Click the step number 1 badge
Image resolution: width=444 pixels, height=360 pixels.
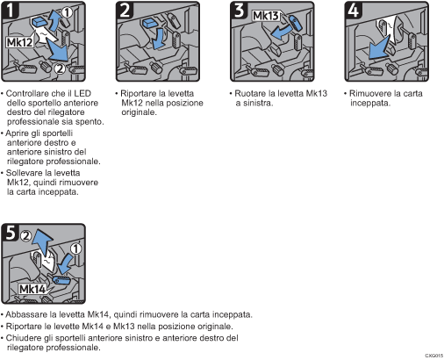point(11,10)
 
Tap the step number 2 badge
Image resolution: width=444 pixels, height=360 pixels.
point(125,10)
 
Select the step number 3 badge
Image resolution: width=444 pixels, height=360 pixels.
point(240,10)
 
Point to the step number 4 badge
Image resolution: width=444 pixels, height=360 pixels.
point(354,10)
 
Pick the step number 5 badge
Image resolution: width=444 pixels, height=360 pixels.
point(11,233)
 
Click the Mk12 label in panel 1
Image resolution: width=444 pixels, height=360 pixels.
point(19,42)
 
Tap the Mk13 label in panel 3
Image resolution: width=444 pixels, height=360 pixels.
point(266,16)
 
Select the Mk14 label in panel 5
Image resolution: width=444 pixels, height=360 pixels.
point(32,289)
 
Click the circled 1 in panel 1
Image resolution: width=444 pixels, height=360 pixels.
point(67,12)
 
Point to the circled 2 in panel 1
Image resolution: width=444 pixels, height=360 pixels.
point(60,68)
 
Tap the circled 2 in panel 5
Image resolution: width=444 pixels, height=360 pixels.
point(25,235)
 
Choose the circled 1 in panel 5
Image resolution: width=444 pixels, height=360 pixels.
point(75,248)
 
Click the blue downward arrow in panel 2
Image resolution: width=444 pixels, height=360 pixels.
point(159,39)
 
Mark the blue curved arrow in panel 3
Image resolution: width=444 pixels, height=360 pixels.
point(280,32)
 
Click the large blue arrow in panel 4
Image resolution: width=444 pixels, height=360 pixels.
point(379,48)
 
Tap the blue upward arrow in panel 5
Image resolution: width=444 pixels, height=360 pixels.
point(42,241)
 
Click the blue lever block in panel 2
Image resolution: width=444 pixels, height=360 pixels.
point(151,23)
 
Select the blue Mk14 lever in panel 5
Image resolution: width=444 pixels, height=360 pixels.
point(61,280)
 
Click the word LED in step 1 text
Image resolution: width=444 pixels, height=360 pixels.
point(82,93)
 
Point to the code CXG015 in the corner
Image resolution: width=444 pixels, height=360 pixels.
point(434,356)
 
